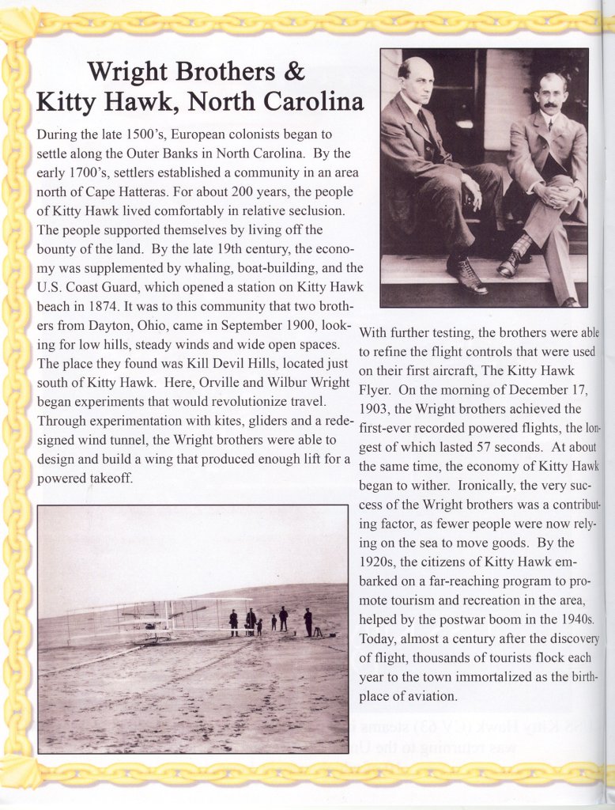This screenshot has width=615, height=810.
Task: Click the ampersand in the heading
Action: click(x=292, y=72)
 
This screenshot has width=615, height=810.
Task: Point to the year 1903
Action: click(x=375, y=409)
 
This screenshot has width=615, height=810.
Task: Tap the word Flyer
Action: click(x=375, y=389)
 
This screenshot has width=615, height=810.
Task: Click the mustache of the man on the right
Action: click(x=551, y=105)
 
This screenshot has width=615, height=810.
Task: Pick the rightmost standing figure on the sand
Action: click(x=307, y=621)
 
